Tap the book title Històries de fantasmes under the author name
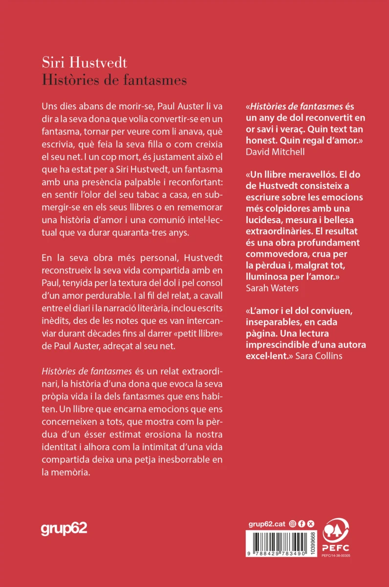114,79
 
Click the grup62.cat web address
266,523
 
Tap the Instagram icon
293,523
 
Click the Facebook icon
302,523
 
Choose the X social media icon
310,523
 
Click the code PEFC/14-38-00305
336,555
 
